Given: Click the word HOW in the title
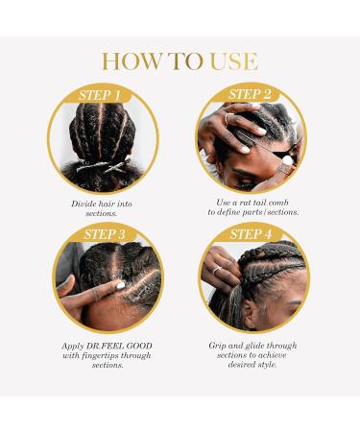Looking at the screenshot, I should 130,61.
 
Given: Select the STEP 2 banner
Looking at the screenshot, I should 251,94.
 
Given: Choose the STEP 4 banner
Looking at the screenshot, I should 251,234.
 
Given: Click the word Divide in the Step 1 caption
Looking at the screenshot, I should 84,204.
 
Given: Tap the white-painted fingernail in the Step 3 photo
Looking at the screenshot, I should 120,284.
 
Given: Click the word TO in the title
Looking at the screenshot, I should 186,61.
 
